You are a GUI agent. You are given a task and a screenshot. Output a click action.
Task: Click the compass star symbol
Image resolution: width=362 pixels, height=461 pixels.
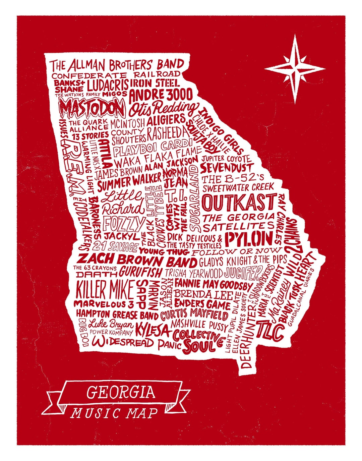pyautogui.click(x=295, y=69)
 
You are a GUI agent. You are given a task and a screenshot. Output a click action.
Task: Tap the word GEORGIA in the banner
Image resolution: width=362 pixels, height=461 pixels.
pyautogui.click(x=121, y=392)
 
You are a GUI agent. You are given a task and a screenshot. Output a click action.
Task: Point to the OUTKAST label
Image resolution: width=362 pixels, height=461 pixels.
pyautogui.click(x=239, y=203)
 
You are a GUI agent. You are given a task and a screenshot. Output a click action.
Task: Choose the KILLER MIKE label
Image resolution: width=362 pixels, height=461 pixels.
pyautogui.click(x=105, y=289)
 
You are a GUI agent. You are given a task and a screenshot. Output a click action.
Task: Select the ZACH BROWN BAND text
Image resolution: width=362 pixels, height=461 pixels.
pyautogui.click(x=137, y=260)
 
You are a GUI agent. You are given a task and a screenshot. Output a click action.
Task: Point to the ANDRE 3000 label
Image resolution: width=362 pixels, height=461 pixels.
pyautogui.click(x=161, y=95)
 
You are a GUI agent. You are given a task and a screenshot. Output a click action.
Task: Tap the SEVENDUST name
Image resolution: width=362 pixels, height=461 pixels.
pyautogui.click(x=227, y=167)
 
